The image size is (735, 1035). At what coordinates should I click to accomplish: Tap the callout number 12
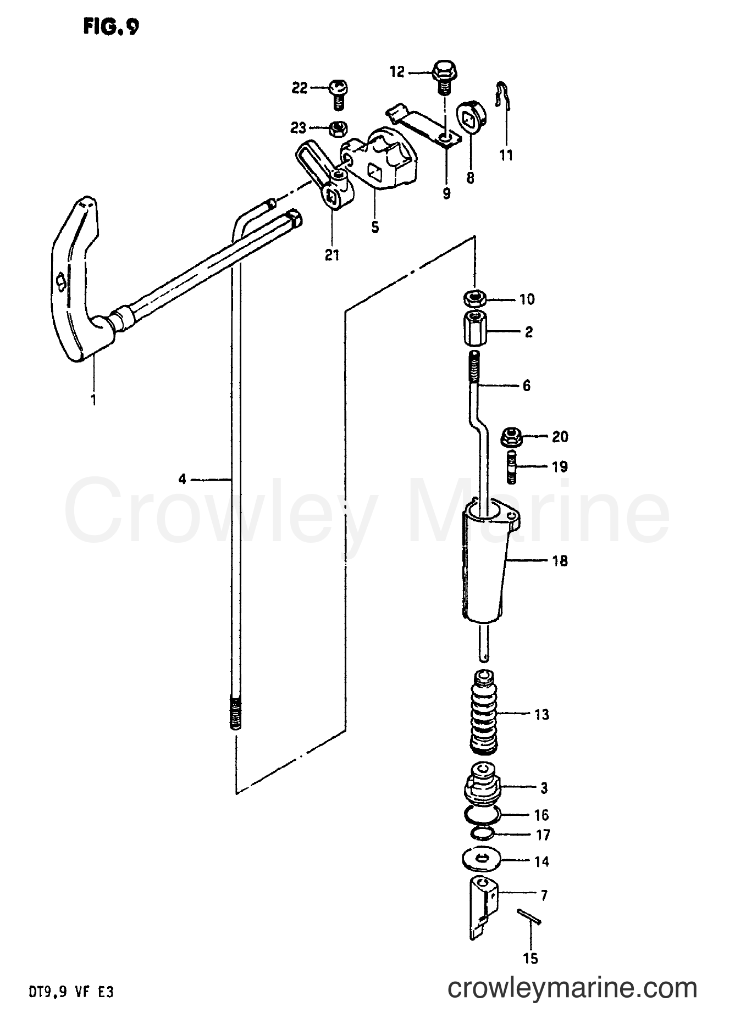[x=397, y=71]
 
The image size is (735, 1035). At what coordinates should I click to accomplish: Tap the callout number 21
[x=333, y=255]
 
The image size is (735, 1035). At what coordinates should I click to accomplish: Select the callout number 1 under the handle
[x=93, y=400]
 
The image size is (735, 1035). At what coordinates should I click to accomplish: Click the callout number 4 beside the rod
[x=182, y=480]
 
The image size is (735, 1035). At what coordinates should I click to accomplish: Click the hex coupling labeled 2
[x=475, y=329]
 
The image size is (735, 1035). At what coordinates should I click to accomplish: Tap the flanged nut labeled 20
[x=511, y=438]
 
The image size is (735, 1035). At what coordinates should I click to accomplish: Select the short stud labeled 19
[x=511, y=467]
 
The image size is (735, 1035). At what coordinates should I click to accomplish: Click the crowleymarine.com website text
[x=573, y=989]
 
